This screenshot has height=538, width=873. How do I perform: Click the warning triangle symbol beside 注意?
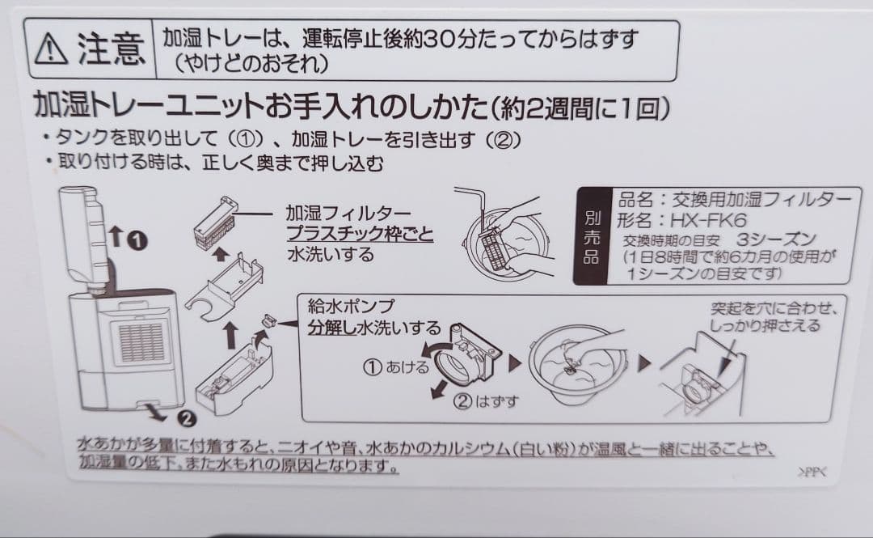(52, 49)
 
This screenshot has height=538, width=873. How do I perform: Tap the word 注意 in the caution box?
(111, 49)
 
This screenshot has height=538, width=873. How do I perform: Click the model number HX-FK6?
(703, 220)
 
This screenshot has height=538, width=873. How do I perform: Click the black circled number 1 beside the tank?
(138, 240)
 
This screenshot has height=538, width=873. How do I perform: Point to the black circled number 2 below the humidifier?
(188, 418)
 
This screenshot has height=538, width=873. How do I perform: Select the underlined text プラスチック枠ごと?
(360, 235)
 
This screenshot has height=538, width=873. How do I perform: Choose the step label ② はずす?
(486, 401)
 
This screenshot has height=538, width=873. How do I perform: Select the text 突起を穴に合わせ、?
(774, 309)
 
